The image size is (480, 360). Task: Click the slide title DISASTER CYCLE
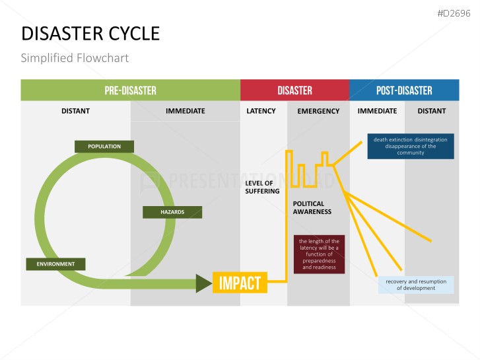coord(90,33)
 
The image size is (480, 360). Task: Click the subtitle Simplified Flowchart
coord(75,57)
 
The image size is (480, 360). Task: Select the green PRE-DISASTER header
coord(130,90)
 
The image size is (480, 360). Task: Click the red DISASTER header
coord(294,90)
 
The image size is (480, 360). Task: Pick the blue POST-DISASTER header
coord(404,90)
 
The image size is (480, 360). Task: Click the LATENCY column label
coord(261,111)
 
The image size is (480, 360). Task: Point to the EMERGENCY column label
coord(318,111)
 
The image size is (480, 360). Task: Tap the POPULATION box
coord(104,146)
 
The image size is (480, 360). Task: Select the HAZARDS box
coord(172,212)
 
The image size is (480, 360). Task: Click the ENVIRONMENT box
coord(55,264)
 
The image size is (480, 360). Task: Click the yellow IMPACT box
coord(240,283)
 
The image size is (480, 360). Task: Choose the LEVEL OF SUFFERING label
coord(262,187)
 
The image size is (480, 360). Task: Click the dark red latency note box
coord(319,254)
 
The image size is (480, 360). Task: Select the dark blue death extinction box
coord(411,146)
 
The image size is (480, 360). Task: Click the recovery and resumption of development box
coord(416,285)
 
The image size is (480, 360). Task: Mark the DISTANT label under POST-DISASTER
coord(432,111)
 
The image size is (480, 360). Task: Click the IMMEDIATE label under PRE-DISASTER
coord(186,111)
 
